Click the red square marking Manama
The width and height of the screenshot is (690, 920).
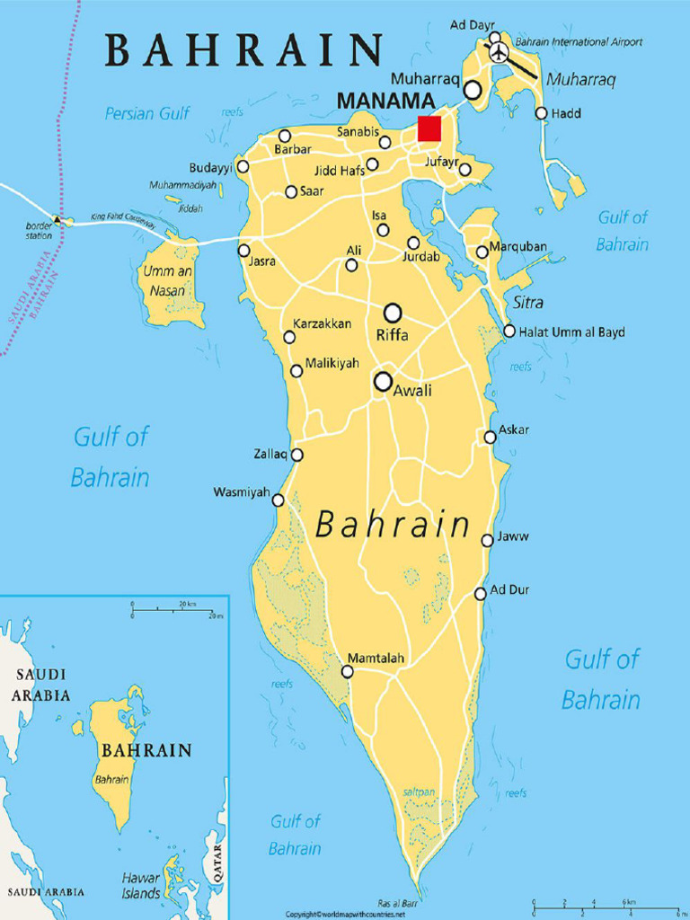(429, 128)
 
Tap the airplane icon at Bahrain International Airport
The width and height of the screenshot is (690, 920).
(499, 51)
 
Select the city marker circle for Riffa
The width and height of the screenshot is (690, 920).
(393, 313)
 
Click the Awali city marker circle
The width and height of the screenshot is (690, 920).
(384, 382)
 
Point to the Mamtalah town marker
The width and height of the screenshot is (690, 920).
(348, 671)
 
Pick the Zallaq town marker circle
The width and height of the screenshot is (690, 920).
(296, 455)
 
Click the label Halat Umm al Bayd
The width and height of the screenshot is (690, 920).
(571, 332)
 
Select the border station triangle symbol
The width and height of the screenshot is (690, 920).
(58, 218)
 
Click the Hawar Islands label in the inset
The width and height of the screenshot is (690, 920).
(141, 885)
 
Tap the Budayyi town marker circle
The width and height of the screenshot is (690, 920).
(243, 167)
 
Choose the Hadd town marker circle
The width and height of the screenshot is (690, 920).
(541, 113)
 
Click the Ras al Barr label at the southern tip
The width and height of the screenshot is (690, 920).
(397, 903)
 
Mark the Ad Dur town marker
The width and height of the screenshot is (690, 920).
(481, 593)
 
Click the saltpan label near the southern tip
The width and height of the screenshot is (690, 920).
(419, 791)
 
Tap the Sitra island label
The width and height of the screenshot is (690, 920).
(528, 303)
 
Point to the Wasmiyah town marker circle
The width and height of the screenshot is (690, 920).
(279, 500)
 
